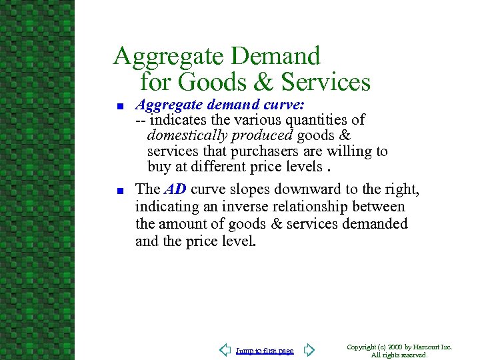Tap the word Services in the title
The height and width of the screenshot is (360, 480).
point(326,82)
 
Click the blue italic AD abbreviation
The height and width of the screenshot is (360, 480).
point(175,189)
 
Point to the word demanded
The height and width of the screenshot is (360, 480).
point(375,223)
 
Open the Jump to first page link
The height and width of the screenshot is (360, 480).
point(265,351)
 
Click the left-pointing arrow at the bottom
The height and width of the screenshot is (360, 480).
point(225,350)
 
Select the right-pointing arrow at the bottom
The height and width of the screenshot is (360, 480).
point(309,350)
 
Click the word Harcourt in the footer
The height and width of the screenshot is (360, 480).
point(430,347)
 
